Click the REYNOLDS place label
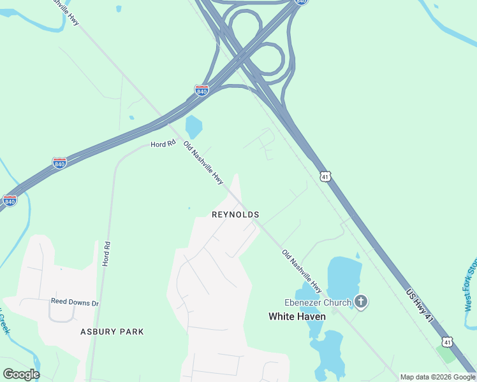point(235,215)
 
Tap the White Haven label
point(297,316)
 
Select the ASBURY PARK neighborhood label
point(112,332)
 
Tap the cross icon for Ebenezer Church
point(362,301)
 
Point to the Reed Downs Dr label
point(75,303)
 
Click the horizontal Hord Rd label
point(163,145)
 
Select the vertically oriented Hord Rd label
point(107,253)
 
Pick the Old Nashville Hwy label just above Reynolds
point(203,164)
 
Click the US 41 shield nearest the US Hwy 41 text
point(448,343)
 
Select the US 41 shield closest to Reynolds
point(326,176)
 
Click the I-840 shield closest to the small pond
point(202,90)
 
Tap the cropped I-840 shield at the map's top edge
point(302,3)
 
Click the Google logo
point(21,374)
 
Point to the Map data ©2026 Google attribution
point(437,377)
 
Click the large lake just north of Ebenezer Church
point(344,274)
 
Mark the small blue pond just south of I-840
point(193,127)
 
